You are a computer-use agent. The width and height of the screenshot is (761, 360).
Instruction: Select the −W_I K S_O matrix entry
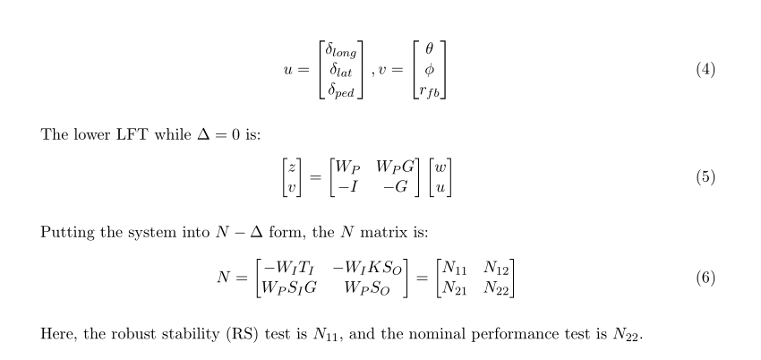click(x=368, y=268)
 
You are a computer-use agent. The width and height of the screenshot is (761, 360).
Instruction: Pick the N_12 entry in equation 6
click(x=498, y=268)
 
